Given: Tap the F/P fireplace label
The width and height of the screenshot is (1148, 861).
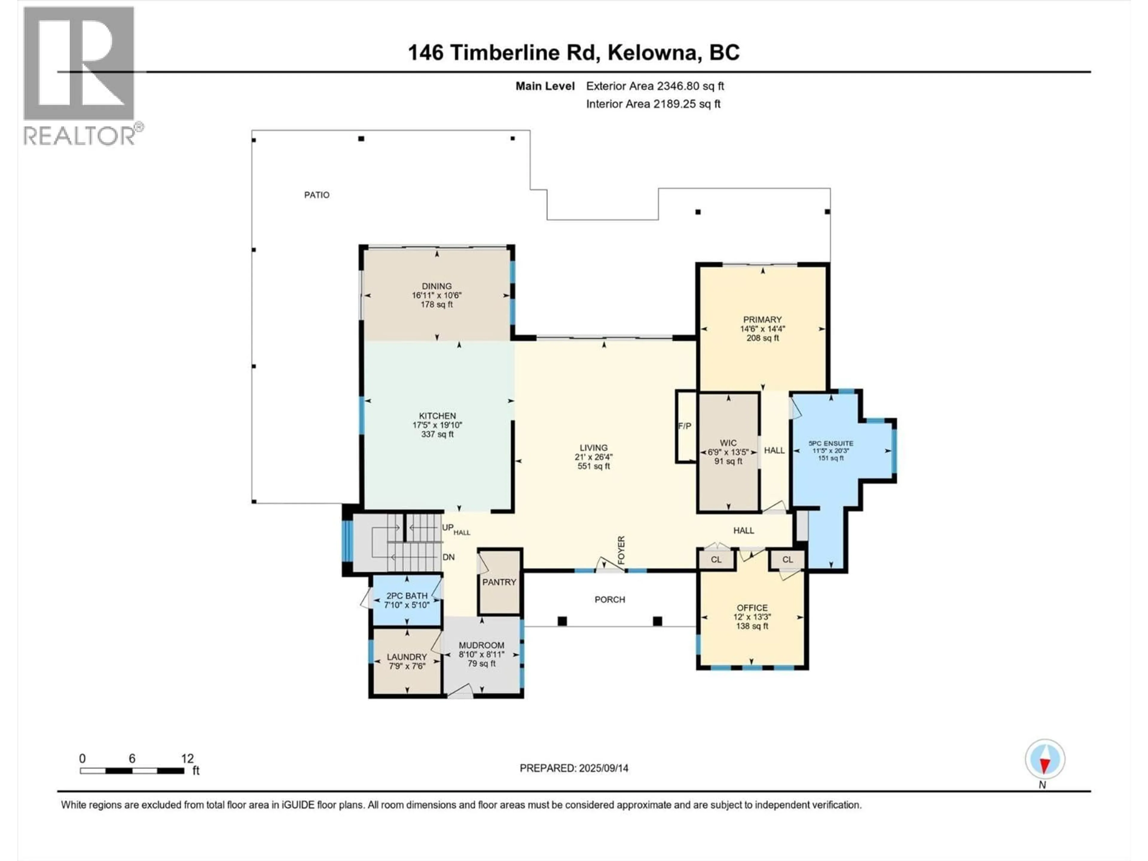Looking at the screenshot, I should pyautogui.click(x=685, y=426).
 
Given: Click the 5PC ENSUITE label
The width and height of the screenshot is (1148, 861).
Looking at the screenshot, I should pyautogui.click(x=831, y=443).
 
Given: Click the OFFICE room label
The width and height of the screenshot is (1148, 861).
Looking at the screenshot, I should pyautogui.click(x=752, y=608).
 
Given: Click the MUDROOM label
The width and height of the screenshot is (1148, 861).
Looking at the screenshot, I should pyautogui.click(x=481, y=645).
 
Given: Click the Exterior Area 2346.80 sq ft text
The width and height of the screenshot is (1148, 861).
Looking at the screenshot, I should pyautogui.click(x=655, y=86).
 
